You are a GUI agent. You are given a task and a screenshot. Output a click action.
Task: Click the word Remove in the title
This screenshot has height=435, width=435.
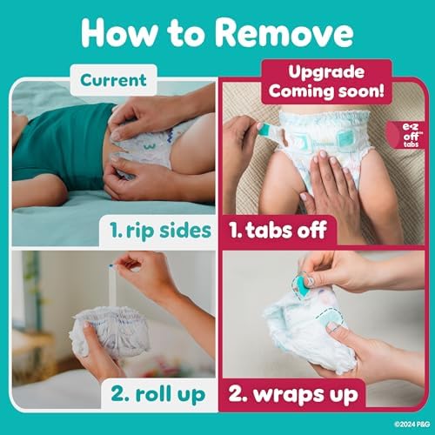(284, 32)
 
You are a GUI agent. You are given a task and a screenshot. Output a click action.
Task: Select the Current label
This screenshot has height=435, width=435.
(113, 80)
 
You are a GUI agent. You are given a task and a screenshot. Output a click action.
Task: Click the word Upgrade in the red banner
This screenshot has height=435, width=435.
(326, 72)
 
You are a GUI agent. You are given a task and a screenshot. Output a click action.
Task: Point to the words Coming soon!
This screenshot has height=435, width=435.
(326, 91)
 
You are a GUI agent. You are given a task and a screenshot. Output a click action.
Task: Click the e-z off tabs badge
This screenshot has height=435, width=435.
(408, 135)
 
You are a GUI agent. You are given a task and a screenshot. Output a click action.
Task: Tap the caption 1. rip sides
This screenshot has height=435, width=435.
(160, 231)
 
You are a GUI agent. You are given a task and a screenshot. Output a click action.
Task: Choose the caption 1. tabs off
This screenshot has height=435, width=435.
(278, 231)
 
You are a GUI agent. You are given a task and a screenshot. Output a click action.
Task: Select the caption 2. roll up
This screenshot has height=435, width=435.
(158, 394)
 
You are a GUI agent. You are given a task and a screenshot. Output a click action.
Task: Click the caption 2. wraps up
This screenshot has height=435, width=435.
(293, 394)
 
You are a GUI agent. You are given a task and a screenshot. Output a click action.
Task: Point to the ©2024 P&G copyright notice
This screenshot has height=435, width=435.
(412, 425)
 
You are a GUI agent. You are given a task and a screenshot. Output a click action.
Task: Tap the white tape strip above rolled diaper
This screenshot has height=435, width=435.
(113, 285)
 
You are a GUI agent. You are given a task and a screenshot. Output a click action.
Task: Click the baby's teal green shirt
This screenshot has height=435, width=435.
(63, 145)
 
